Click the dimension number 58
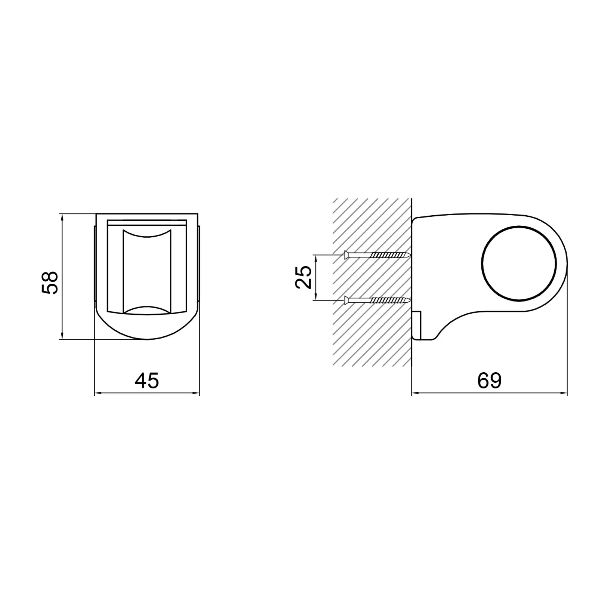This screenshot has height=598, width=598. pos(49,277)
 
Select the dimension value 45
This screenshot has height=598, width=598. pos(147,380)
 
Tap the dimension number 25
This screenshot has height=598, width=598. pos(303,277)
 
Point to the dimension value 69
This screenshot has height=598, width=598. pos(489,380)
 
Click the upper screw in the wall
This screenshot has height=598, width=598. pos(377,255)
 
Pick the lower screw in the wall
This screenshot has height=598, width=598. pos(377,299)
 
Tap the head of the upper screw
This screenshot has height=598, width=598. pos(346,255)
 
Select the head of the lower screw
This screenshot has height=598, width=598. pos(346,299)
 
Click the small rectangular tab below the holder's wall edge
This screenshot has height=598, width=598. pos(417,325)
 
